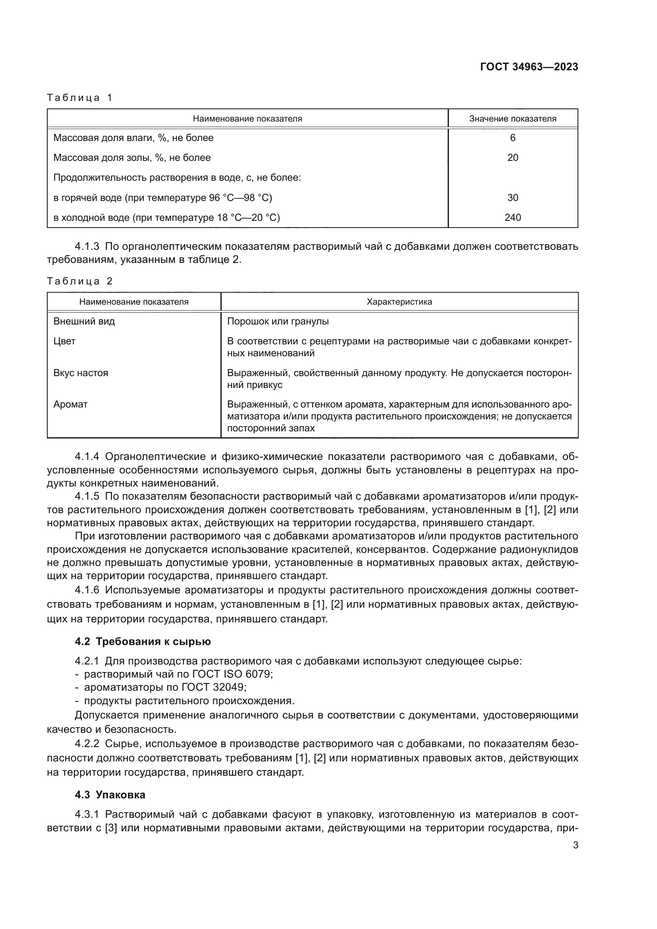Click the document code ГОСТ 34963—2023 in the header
[x=529, y=67]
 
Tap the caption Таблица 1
[x=80, y=98]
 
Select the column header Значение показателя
[x=512, y=118]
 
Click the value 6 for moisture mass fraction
[x=512, y=138]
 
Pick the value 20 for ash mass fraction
[x=512, y=158]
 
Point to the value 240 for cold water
[x=512, y=218]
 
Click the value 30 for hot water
[x=512, y=198]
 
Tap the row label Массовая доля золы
[x=132, y=158]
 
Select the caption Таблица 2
[x=80, y=281]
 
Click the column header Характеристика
[x=399, y=302]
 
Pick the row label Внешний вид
[x=84, y=322]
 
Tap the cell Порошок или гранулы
[x=278, y=322]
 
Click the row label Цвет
[x=65, y=342]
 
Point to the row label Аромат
[x=70, y=405]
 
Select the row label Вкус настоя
[x=81, y=373]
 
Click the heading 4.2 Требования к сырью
[x=143, y=642]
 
